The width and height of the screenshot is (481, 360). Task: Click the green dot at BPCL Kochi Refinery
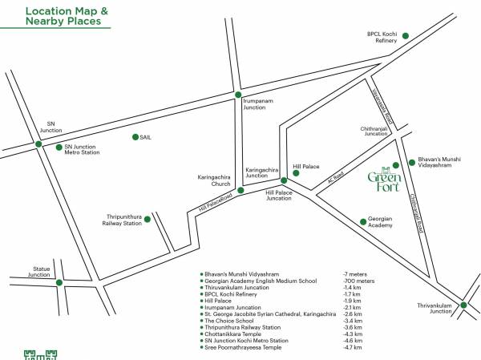pyautogui.click(x=406, y=35)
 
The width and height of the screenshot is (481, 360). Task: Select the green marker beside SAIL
pyautogui.click(x=135, y=137)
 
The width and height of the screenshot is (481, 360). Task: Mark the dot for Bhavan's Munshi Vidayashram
pyautogui.click(x=412, y=161)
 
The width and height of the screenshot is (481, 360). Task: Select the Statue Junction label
pyautogui.click(x=40, y=272)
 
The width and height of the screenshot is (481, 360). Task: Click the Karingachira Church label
pyautogui.click(x=214, y=180)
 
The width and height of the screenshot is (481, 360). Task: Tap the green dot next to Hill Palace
pyautogui.click(x=296, y=172)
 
